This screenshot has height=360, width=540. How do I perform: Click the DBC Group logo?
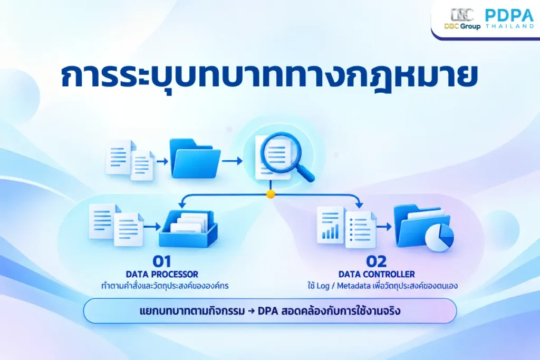[x=462, y=20]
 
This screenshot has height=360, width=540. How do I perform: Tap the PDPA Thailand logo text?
[x=509, y=18]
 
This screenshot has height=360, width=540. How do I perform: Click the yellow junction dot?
[x=271, y=194]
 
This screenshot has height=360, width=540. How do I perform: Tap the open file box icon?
[x=188, y=229]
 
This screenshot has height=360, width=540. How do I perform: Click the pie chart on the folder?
[x=439, y=237]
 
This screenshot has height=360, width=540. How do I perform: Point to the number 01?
[x=162, y=261]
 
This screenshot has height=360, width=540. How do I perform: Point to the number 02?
[x=377, y=261]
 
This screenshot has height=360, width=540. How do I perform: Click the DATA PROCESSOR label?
[x=162, y=274]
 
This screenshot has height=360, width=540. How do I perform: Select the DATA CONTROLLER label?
[x=377, y=274]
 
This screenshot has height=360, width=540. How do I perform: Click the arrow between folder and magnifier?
[x=232, y=160]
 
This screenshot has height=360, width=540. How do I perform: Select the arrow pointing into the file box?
[x=152, y=227]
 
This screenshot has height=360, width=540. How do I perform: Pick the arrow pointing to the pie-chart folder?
[x=384, y=227]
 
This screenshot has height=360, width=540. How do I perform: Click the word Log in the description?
[x=323, y=286]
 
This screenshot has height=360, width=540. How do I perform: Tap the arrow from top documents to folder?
[x=162, y=161]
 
